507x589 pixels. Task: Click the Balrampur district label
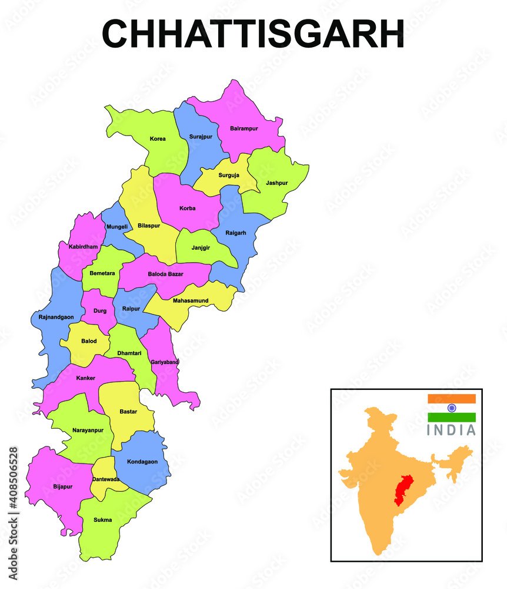(244, 128)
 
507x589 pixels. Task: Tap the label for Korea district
(158, 139)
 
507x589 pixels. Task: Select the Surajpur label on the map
(200, 137)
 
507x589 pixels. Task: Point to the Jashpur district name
(276, 183)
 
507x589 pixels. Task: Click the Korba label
(188, 209)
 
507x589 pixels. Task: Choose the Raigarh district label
(236, 233)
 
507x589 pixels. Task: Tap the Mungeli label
(116, 227)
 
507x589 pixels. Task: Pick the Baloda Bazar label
(165, 274)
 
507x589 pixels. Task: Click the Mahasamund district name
(191, 301)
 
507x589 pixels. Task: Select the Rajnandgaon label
(56, 317)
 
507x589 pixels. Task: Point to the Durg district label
(99, 310)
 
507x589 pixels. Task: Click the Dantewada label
(106, 479)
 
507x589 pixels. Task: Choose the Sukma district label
(102, 520)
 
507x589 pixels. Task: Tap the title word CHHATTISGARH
(253, 34)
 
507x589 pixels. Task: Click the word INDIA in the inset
(451, 431)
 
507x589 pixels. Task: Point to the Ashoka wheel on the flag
(451, 408)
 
